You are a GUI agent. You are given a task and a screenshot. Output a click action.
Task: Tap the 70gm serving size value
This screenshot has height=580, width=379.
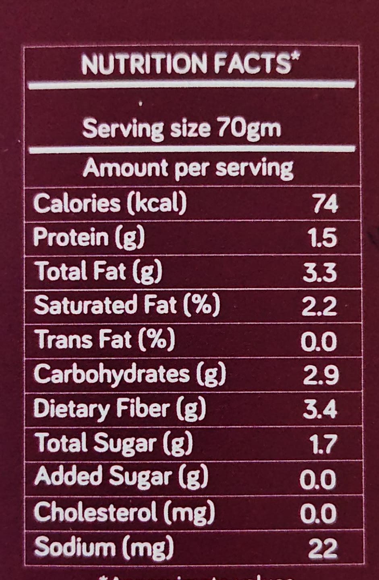coord(249,129)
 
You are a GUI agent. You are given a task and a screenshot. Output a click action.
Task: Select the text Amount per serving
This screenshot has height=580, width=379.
coord(188,168)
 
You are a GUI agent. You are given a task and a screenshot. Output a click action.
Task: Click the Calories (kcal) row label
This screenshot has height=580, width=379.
coord(110,203)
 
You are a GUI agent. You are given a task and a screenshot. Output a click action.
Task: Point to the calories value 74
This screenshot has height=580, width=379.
coord(325,204)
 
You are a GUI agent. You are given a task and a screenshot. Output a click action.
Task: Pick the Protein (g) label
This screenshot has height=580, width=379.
coord(89,237)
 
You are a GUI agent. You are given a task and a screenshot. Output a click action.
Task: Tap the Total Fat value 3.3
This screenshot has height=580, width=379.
coord(320,273)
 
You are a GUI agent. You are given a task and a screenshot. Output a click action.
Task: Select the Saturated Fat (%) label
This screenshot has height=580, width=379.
coord(127,306)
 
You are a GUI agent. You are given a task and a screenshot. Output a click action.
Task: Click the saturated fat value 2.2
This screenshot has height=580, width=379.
coord(319,307)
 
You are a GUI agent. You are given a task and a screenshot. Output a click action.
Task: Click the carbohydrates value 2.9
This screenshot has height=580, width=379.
coord(321,376)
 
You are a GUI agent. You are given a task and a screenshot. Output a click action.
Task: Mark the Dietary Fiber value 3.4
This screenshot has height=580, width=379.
coord(320,410)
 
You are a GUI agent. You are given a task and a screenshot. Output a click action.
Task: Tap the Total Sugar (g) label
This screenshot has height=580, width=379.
coord(114,443)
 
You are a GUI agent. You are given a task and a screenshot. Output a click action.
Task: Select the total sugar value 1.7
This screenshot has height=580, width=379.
coord(323,445)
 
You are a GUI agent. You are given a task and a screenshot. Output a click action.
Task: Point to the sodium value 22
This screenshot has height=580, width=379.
coord(323,549)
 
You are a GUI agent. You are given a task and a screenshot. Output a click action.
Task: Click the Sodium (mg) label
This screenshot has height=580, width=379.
coord(104,547)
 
